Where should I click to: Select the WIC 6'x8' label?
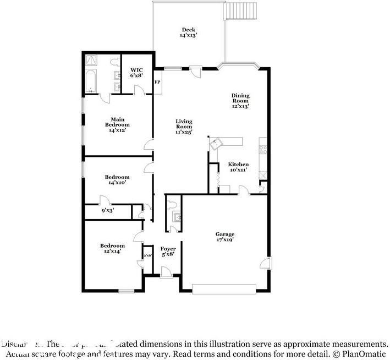pyautogui.click(x=136, y=73)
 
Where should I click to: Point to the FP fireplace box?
pyautogui.click(x=157, y=83)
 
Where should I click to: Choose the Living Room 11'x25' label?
pyautogui.click(x=184, y=127)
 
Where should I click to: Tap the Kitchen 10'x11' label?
pyautogui.click(x=239, y=167)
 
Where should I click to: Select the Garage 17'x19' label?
pyautogui.click(x=224, y=237)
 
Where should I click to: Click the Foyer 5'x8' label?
pyautogui.click(x=168, y=252)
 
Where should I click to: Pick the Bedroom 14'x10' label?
pyautogui.click(x=117, y=180)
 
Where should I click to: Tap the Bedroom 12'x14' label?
pyautogui.click(x=112, y=248)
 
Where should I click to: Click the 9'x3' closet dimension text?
pyautogui.click(x=107, y=210)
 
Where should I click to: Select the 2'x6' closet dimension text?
pyautogui.click(x=147, y=255)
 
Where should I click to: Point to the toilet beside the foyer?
pyautogui.click(x=174, y=205)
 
